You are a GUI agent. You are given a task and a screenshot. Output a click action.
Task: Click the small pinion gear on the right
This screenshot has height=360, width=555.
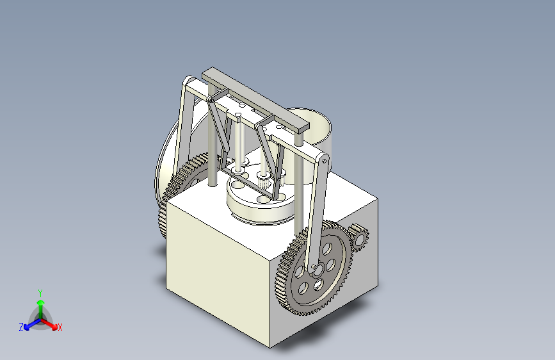[x=358, y=238]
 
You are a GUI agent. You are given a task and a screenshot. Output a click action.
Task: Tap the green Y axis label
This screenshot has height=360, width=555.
[x=40, y=293]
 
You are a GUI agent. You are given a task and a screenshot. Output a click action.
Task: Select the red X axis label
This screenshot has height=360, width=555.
[x=60, y=328]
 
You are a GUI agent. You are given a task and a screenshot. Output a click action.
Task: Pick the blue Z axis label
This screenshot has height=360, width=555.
[x=21, y=327]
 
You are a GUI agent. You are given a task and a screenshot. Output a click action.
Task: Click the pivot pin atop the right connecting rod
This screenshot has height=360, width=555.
[x=324, y=161]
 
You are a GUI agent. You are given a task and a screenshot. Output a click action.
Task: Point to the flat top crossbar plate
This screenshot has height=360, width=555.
[x=255, y=99]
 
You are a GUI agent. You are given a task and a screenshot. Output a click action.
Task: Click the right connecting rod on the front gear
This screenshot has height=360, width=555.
[x=318, y=213]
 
